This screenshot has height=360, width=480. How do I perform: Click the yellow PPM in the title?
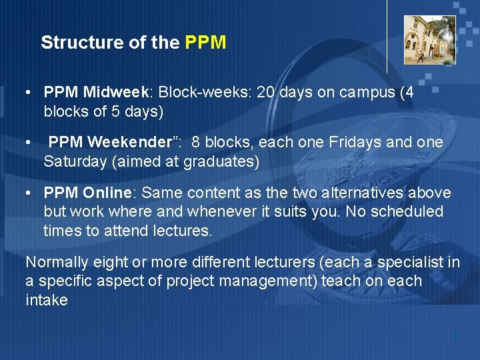[205, 43]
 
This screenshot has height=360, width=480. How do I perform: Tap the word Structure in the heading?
[73, 43]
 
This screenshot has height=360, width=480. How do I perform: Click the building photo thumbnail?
[429, 40]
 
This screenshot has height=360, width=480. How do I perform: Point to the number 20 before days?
[264, 93]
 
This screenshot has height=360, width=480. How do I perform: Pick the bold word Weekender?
[137, 143]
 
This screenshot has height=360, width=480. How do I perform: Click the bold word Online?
[109, 193]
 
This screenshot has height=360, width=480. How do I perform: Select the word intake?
[47, 300]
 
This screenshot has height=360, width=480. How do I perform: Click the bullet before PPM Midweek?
[29, 93]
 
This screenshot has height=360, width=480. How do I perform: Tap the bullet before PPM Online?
[29, 193]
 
